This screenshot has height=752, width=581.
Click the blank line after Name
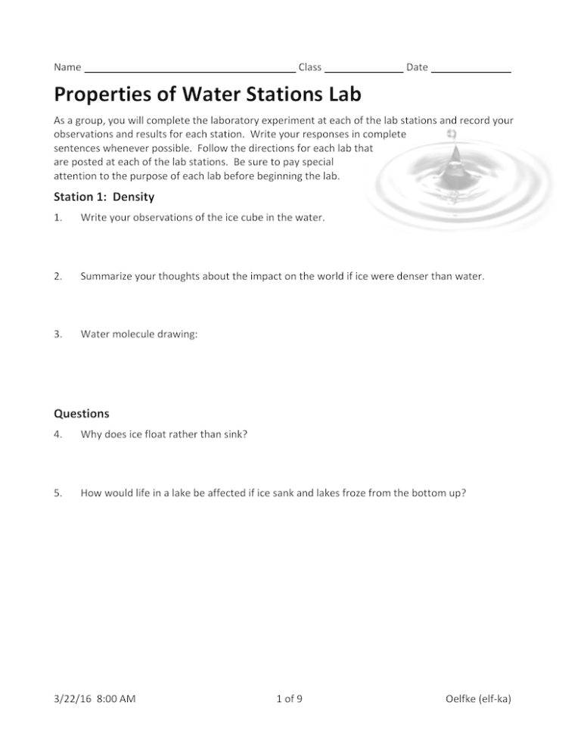[189, 69]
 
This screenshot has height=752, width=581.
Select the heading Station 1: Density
[104, 197]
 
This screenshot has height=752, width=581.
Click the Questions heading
[81, 414]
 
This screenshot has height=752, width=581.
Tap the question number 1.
[57, 219]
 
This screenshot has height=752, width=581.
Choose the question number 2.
[57, 276]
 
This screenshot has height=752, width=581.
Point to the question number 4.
[57, 435]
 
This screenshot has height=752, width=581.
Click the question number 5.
[57, 493]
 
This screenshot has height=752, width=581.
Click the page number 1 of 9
[290, 719]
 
